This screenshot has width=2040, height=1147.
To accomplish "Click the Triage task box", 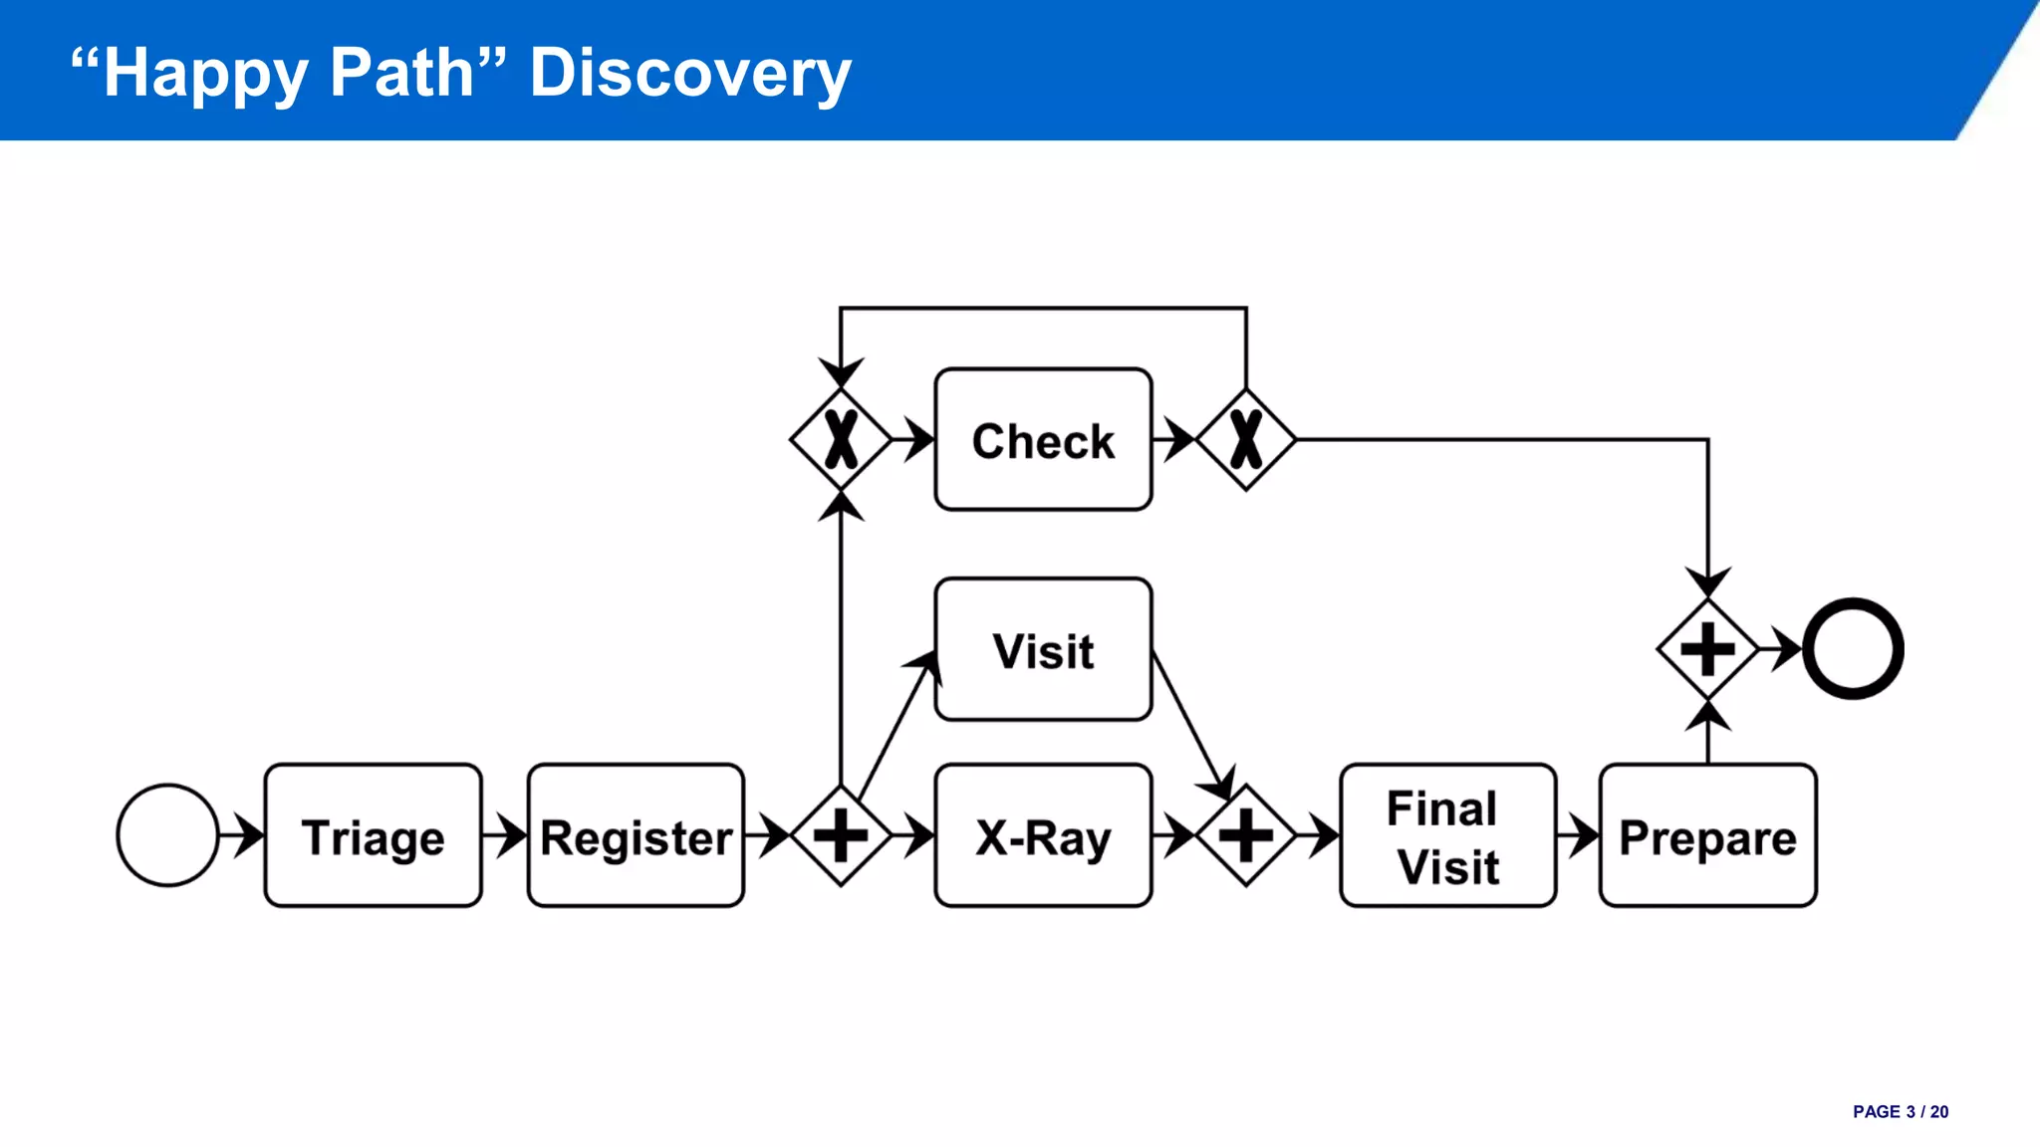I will point(374,835).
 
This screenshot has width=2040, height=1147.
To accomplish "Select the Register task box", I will point(636,835).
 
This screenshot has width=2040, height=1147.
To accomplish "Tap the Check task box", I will point(1043,439).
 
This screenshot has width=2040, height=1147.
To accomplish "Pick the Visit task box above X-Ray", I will point(1043,649).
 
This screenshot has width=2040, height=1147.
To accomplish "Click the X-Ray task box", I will point(1043,835).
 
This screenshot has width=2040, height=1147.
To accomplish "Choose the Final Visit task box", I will point(1447,835).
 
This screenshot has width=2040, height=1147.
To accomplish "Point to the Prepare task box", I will point(1707,835).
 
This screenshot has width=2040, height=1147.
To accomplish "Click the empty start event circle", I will point(167,835).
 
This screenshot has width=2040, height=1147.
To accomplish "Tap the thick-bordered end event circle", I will point(1853,649).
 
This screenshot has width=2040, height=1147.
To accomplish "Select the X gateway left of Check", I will point(841,439).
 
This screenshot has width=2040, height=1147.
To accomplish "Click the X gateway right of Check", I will point(1246,439).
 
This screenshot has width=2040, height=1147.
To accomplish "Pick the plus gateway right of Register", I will point(841,835).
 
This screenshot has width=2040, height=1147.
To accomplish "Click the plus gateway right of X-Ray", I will point(1246,835).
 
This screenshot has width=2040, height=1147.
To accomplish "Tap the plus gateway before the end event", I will point(1707,649).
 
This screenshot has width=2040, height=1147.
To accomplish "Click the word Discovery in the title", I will point(690,73).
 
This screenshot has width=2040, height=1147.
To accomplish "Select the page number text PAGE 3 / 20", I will point(1900,1112).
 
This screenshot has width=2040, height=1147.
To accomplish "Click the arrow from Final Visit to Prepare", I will point(1579,835).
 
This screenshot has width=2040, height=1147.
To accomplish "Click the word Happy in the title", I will point(205,73).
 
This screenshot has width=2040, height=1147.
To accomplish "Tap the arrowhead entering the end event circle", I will point(1789,649).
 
